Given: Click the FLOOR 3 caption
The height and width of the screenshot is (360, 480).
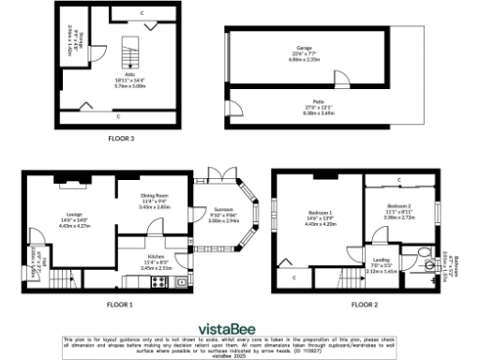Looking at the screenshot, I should (x=120, y=139).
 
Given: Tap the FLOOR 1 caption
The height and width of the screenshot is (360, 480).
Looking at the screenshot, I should (x=120, y=305).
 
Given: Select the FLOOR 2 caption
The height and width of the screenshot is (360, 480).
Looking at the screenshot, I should (x=365, y=305).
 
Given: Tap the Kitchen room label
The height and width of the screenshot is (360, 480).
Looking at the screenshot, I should (x=154, y=261).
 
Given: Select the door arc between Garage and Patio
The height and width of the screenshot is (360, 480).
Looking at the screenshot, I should (x=343, y=82).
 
